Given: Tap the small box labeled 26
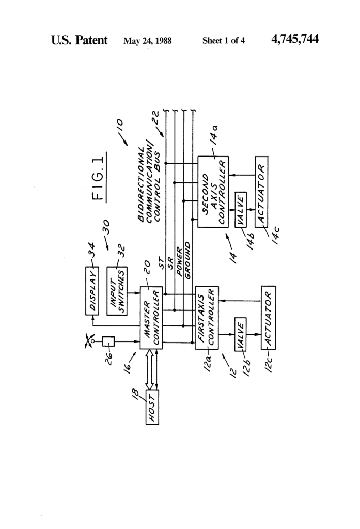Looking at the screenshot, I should [x=107, y=341].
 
